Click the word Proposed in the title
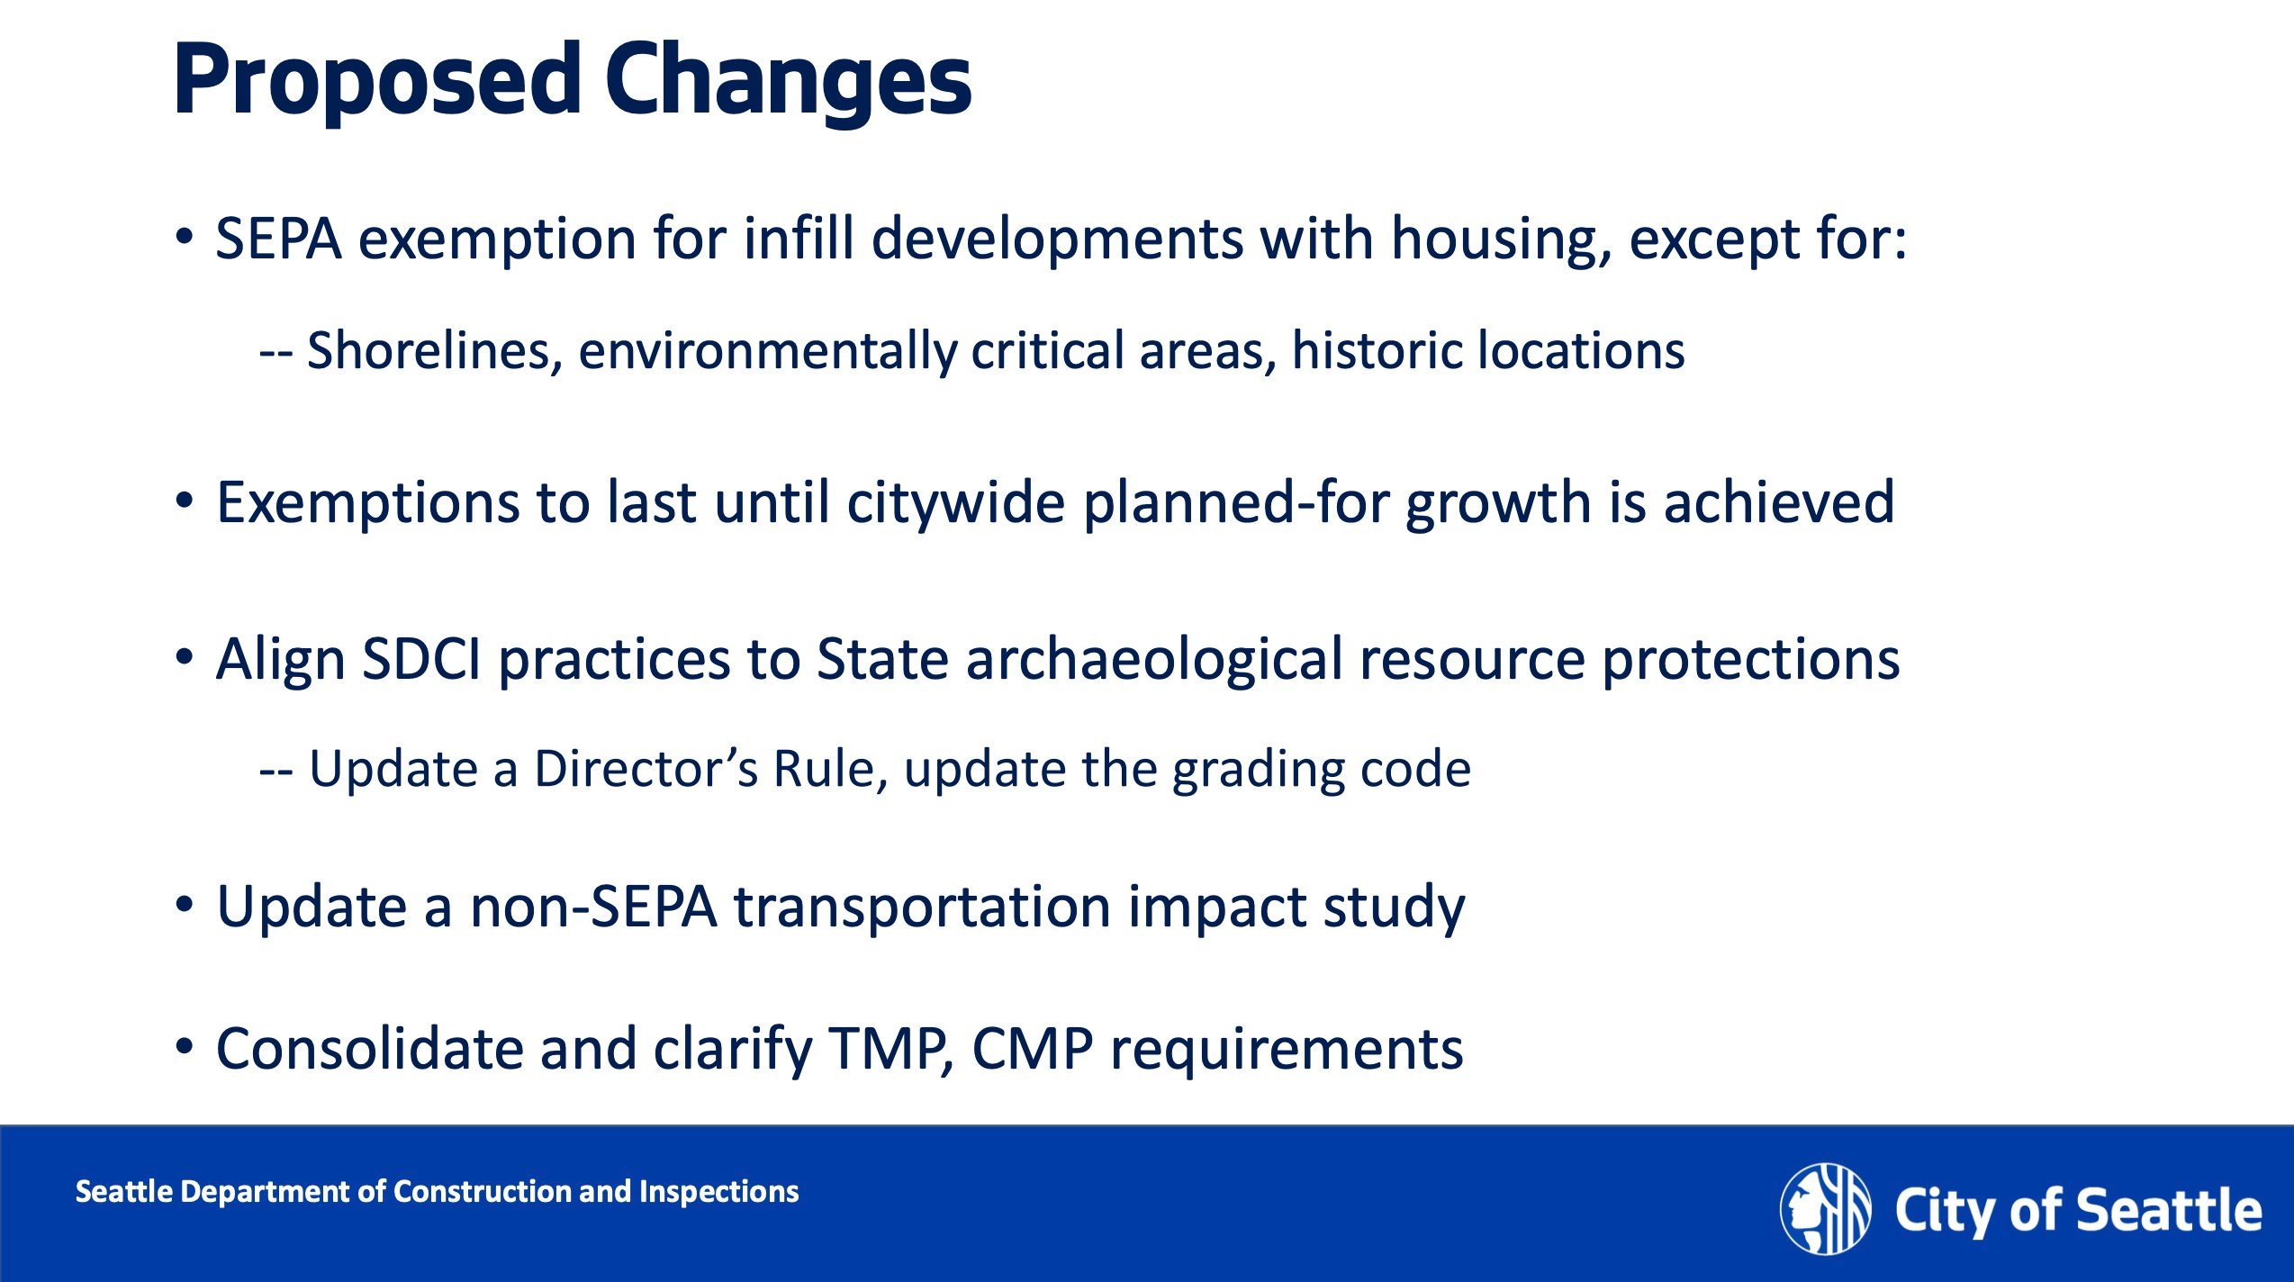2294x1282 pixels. (377, 81)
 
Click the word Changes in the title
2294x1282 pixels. (789, 81)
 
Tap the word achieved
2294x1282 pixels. (1779, 502)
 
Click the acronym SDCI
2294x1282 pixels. (421, 659)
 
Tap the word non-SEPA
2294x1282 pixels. (593, 907)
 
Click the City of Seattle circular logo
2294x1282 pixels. (1825, 1209)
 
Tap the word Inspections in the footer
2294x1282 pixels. (718, 1193)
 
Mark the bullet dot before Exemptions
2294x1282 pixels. (185, 501)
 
